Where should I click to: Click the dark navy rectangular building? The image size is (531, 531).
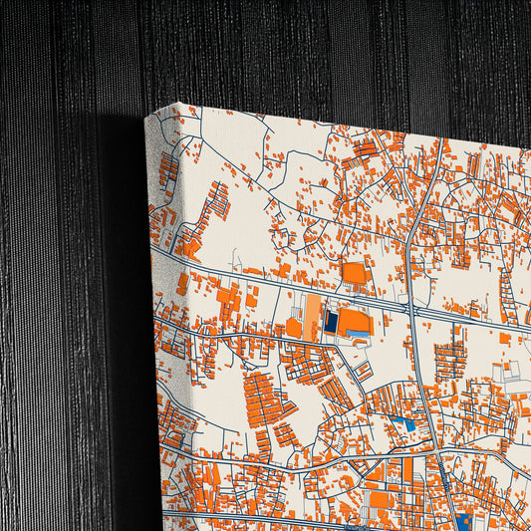pyautogui.click(x=331, y=322)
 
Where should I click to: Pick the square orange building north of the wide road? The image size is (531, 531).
pyautogui.click(x=355, y=272)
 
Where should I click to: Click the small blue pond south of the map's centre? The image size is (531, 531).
pyautogui.click(x=406, y=424)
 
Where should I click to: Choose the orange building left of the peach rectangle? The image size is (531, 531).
pyautogui.click(x=294, y=327)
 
